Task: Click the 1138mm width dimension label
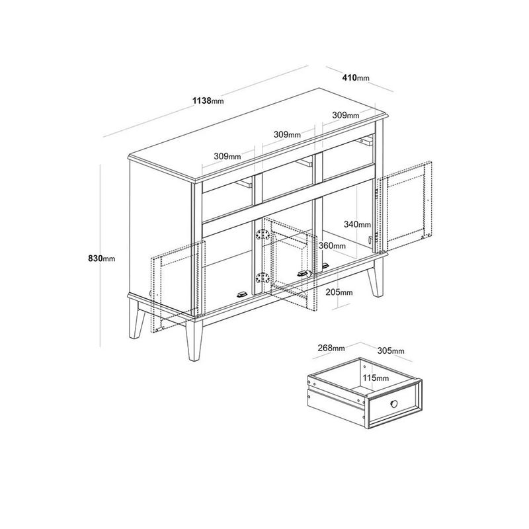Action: pos(208,101)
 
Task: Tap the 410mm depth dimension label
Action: pos(355,78)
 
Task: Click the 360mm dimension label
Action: pos(332,245)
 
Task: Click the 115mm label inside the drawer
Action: pos(374,378)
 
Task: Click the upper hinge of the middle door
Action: pos(263,235)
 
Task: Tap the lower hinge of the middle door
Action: pos(263,279)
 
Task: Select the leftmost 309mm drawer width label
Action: pos(227,156)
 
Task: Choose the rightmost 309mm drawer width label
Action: pos(345,115)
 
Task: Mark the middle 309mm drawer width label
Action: pos(287,134)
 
